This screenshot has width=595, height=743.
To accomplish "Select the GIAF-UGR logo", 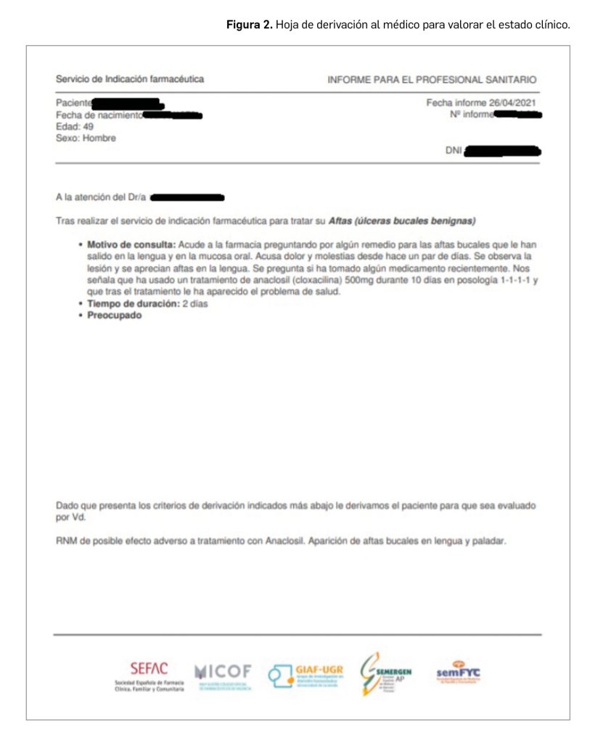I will [305, 676].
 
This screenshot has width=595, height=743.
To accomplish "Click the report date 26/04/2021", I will [513, 103].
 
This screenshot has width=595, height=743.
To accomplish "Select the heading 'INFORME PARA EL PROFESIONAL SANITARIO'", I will [432, 79].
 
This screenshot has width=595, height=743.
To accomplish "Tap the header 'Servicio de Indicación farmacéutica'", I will [130, 79].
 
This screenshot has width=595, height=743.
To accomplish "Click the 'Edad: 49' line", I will [74, 126].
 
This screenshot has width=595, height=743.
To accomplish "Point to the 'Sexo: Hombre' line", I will [86, 138].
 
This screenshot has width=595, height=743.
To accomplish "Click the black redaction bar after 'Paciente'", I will [127, 104].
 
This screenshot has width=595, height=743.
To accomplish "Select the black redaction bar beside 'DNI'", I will [502, 151].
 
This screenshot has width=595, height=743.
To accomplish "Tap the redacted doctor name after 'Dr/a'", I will [187, 197].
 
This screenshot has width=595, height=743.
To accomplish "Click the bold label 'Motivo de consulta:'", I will [131, 245].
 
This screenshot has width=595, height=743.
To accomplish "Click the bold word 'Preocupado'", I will [115, 316].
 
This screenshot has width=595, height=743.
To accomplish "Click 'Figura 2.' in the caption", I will [249, 24].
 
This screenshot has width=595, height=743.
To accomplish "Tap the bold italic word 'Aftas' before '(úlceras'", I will [340, 220].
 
